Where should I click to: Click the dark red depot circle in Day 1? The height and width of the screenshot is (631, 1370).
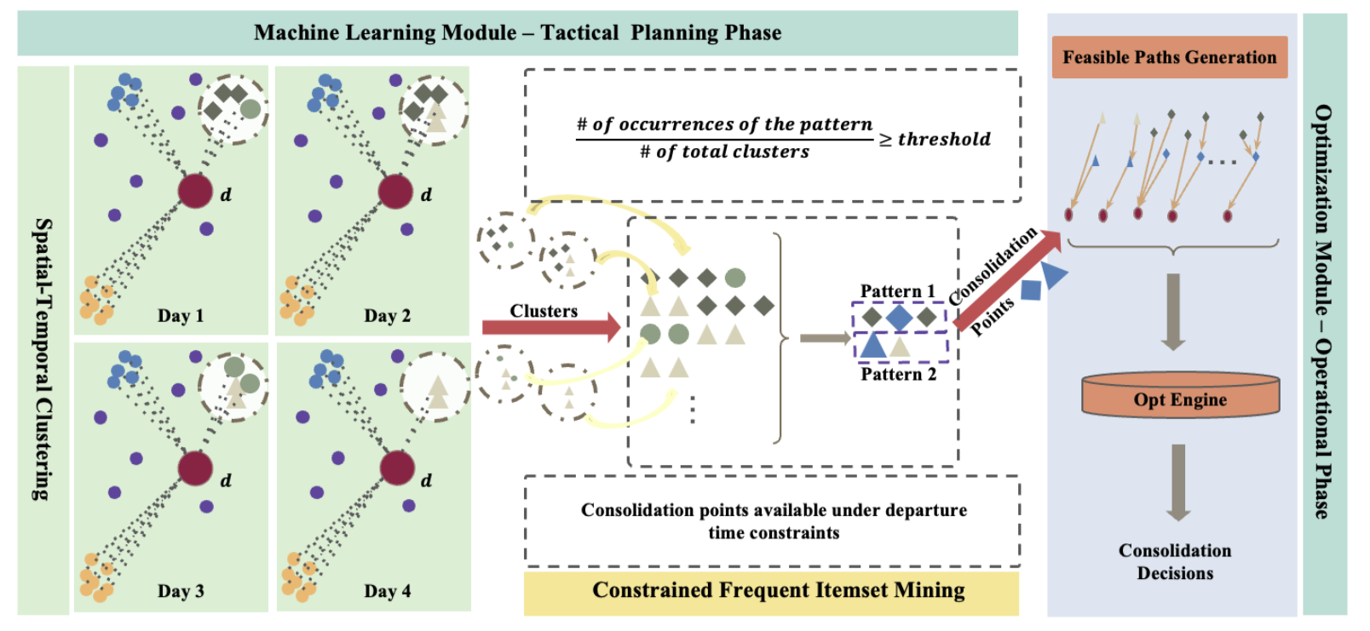tap(195, 191)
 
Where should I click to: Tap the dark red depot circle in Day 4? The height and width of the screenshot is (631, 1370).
tap(398, 468)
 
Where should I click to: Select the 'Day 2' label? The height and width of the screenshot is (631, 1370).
tap(387, 315)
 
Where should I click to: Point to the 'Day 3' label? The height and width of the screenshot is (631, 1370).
tap(181, 591)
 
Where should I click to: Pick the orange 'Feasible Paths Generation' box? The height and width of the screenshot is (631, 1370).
tap(1170, 57)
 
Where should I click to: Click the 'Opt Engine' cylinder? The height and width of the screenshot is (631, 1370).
tap(1180, 395)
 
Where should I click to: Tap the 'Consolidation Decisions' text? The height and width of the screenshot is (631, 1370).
tap(1175, 561)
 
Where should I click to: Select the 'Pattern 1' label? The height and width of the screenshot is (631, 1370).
tap(898, 291)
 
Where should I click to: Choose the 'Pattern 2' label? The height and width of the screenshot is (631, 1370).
tap(899, 374)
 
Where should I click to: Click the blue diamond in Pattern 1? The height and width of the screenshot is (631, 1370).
tap(899, 318)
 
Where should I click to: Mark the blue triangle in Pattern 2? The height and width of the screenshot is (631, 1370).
tap(872, 346)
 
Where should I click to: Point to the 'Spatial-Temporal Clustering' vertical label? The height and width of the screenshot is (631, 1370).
tap(43, 359)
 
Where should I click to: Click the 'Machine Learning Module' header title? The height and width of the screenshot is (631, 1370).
tap(517, 32)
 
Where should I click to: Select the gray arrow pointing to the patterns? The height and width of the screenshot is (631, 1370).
tap(826, 338)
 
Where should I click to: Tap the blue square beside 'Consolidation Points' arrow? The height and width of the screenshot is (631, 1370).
tap(1031, 290)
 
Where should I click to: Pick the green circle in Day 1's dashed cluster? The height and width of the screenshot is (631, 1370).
tap(250, 110)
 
